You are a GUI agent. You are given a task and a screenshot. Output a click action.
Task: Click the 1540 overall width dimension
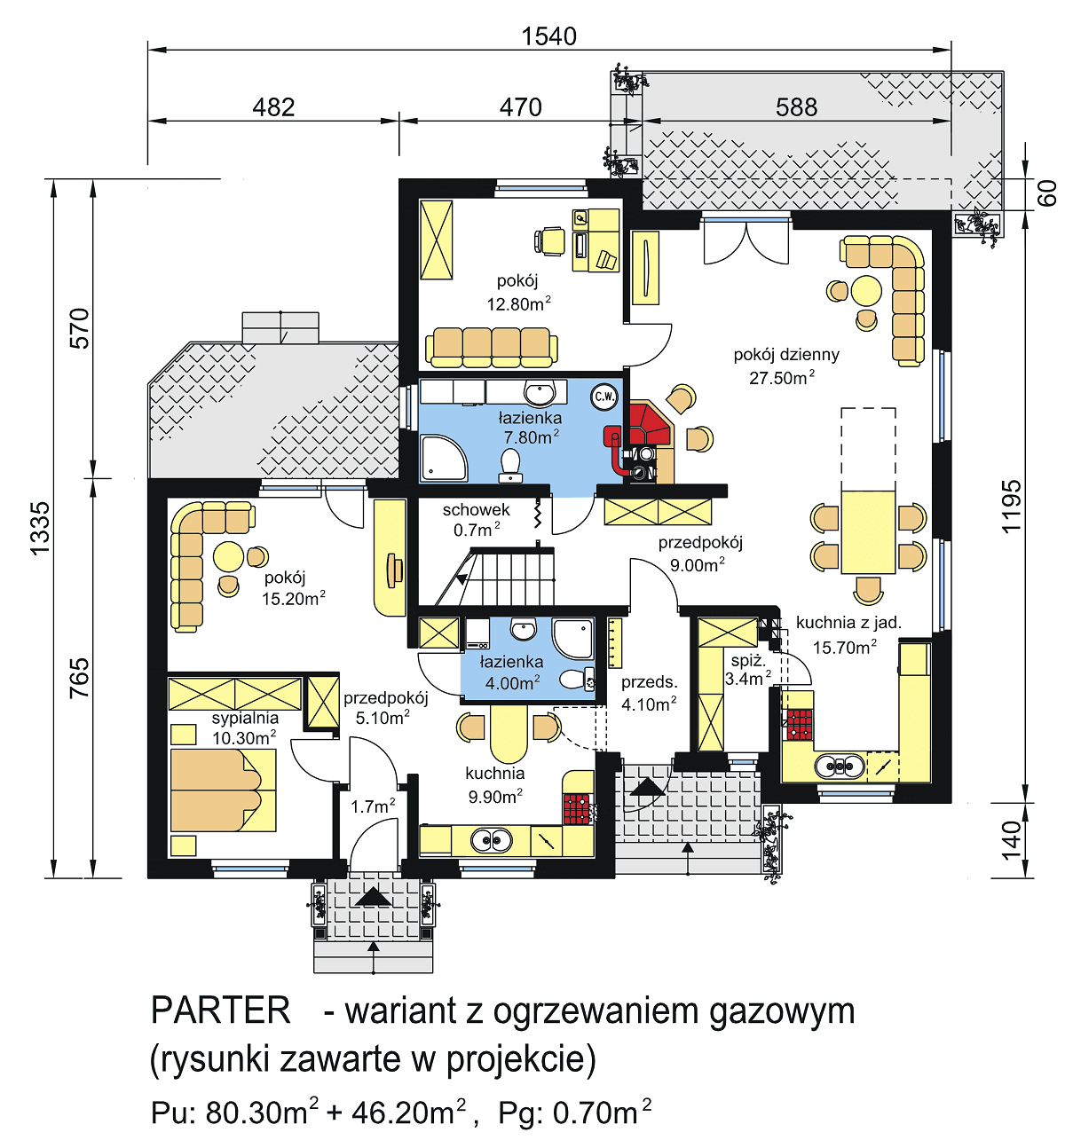tap(548, 36)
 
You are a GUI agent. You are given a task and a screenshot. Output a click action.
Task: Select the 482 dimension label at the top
tap(273, 107)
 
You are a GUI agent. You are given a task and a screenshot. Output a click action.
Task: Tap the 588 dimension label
tap(795, 107)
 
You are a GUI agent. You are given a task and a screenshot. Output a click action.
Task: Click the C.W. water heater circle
tap(604, 397)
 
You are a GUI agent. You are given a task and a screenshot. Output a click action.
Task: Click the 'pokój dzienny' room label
tap(785, 355)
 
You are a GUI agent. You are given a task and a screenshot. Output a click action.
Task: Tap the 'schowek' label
tap(477, 510)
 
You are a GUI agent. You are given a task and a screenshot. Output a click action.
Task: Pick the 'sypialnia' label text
tap(245, 718)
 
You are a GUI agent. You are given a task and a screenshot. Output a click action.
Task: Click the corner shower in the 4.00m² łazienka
tap(573, 638)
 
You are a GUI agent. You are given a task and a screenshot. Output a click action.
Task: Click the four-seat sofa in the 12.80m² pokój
tap(491, 347)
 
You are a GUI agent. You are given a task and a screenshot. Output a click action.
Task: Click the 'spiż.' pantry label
tap(747, 661)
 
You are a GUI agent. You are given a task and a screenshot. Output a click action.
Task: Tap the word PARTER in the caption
tap(221, 1010)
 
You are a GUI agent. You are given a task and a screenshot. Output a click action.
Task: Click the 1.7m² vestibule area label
tap(373, 806)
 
